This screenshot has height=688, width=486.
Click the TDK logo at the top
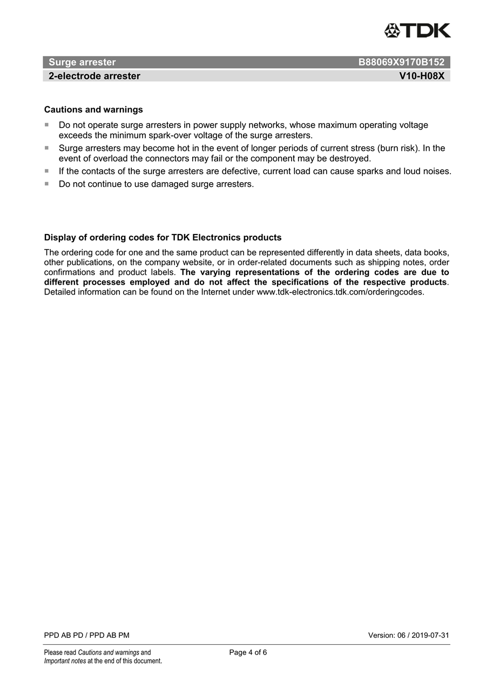tap(417, 31)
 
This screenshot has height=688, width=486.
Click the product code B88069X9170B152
tap(401, 62)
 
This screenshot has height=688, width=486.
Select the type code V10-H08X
tap(422, 76)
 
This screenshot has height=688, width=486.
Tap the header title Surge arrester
tap(82, 62)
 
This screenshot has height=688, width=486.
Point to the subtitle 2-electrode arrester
tap(94, 76)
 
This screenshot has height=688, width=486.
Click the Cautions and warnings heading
tap(93, 110)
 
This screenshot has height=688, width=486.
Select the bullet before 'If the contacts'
tap(47, 171)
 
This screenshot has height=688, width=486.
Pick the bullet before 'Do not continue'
tap(47, 184)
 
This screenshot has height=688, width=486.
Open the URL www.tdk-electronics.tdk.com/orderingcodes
tap(340, 292)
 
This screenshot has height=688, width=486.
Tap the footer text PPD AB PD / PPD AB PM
tap(86, 635)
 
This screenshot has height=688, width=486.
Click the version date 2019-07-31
tap(430, 635)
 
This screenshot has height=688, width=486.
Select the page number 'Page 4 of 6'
tap(248, 652)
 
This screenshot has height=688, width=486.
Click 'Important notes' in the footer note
tap(65, 661)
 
